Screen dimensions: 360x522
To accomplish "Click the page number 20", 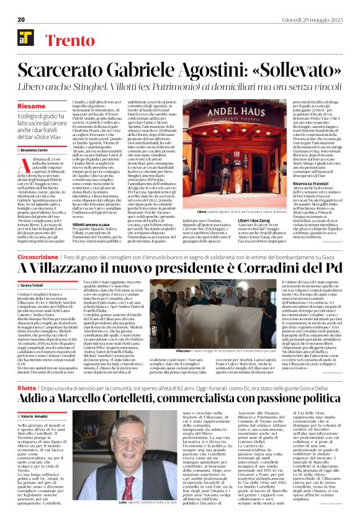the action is tap(21, 20).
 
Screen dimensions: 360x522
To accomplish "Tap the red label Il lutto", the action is tap(27, 387).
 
